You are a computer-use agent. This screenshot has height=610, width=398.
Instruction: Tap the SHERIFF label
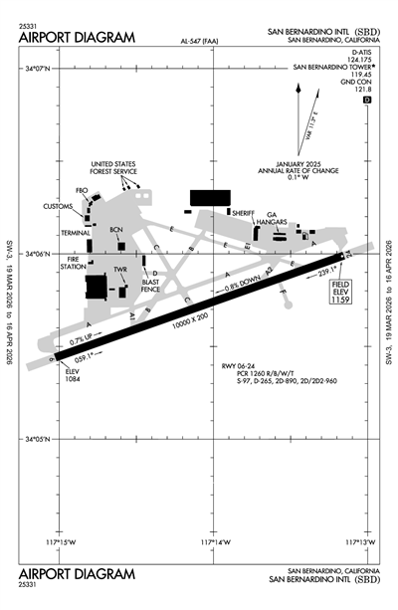(244, 213)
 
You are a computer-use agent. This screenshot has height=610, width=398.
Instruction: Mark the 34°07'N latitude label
(37, 67)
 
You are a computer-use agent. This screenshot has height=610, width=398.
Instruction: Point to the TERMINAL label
(76, 232)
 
